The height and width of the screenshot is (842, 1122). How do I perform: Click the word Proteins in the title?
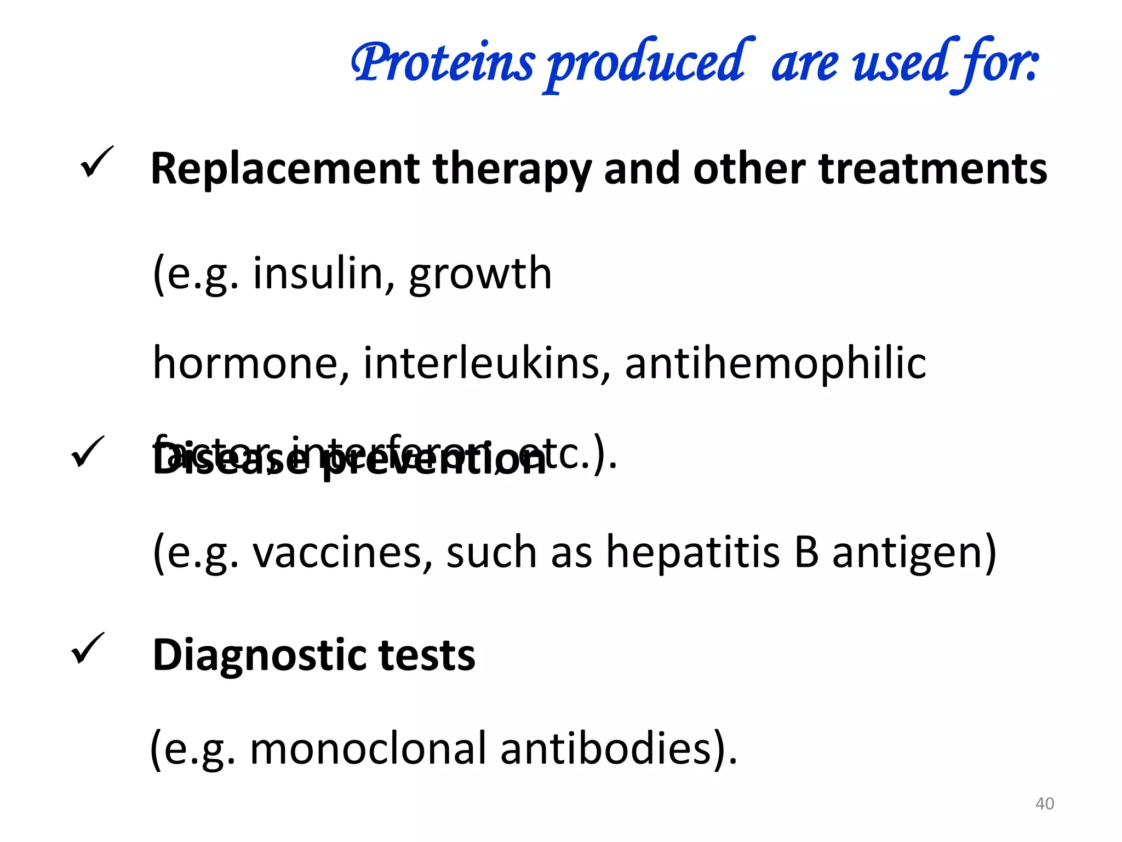pos(443,63)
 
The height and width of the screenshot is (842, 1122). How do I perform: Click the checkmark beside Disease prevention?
pos(88,452)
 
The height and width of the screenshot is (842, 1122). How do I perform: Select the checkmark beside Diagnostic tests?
pos(88,648)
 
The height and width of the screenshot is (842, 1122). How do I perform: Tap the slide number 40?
pos(1044,804)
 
